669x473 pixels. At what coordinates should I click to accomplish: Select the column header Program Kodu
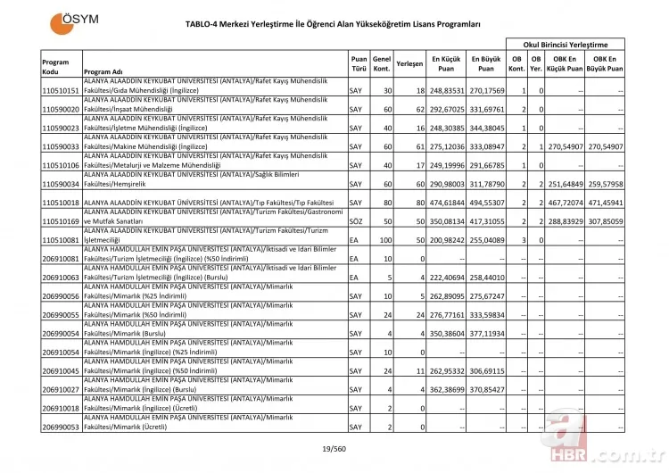55,67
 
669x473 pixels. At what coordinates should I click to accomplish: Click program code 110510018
61,203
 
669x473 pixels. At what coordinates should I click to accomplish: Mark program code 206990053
61,427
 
